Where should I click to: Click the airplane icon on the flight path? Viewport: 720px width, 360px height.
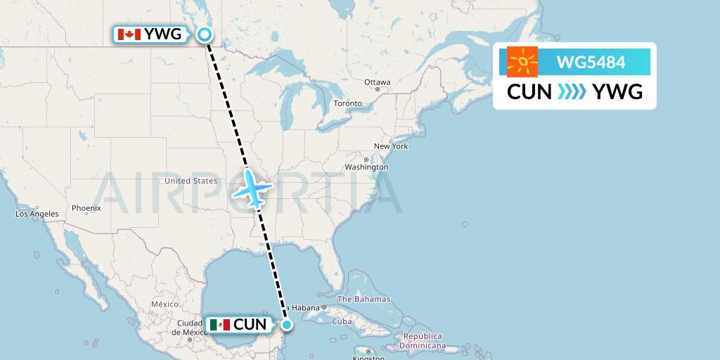pyautogui.click(x=252, y=188)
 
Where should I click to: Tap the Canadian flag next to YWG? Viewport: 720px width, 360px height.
pyautogui.click(x=129, y=34)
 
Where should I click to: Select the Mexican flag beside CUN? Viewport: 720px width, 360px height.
pyautogui.click(x=219, y=324)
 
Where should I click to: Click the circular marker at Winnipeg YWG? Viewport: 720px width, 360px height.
pyautogui.click(x=205, y=34)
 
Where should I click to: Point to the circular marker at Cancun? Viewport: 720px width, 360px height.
pyautogui.click(x=287, y=324)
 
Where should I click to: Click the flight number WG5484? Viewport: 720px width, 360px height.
pyautogui.click(x=590, y=63)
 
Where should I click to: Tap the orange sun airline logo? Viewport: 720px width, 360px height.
pyautogui.click(x=522, y=63)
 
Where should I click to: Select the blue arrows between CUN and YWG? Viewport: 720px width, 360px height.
pyautogui.click(x=572, y=91)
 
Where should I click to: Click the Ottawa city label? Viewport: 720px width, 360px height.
pyautogui.click(x=378, y=82)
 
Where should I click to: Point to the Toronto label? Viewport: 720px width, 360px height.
pyautogui.click(x=347, y=103)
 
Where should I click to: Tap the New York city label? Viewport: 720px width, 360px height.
pyautogui.click(x=390, y=146)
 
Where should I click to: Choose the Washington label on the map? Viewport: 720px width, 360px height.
pyautogui.click(x=366, y=167)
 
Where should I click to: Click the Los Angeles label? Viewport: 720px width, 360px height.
pyautogui.click(x=38, y=214)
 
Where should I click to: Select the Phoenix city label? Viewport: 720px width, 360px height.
pyautogui.click(x=86, y=208)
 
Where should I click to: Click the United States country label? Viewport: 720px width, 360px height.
pyautogui.click(x=191, y=181)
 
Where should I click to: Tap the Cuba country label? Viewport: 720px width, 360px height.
pyautogui.click(x=342, y=321)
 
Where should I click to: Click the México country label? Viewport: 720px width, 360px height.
pyautogui.click(x=165, y=304)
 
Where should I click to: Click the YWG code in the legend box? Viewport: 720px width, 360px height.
pyautogui.click(x=617, y=91)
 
